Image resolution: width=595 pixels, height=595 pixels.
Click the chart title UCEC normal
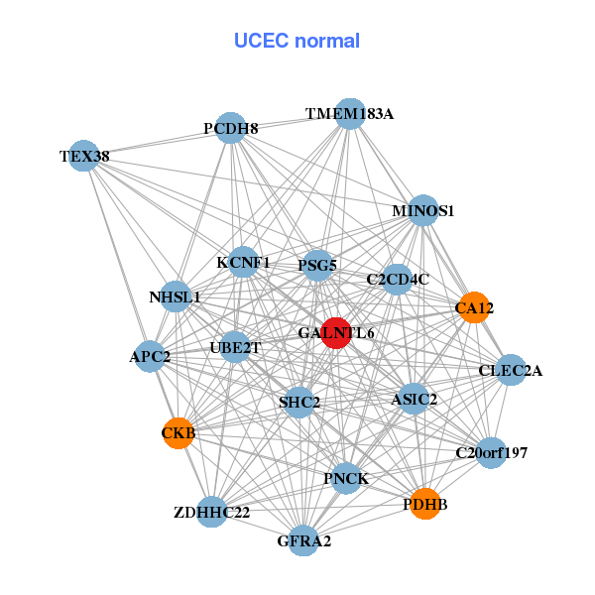coord(297,41)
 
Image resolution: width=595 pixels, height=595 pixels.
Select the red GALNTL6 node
coord(337,333)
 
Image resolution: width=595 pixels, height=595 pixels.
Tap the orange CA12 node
coord(474,308)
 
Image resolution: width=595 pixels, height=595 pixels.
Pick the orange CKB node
coord(178,433)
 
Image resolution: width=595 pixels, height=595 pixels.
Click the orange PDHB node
coord(425,504)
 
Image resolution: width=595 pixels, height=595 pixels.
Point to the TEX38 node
coord(84,156)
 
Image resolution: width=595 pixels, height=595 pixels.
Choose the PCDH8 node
coord(231,128)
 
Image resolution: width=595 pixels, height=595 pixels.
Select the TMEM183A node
coord(349,114)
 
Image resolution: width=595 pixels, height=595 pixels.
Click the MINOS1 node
coord(423,210)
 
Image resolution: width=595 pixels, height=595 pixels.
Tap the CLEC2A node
coord(511,371)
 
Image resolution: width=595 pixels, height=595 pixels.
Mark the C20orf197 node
coord(491,453)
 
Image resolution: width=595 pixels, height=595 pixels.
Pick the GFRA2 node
coord(303,540)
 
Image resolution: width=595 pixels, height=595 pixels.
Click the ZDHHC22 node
coord(211,513)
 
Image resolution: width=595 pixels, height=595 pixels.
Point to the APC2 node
coord(150,355)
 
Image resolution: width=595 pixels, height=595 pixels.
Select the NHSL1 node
coord(176,297)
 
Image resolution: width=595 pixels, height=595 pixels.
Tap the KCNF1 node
coord(244,263)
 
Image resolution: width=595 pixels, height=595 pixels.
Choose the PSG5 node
coord(317,265)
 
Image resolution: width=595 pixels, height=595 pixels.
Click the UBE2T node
coord(235,347)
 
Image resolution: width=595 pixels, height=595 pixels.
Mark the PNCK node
coord(346,479)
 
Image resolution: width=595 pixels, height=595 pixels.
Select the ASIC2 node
coord(415,400)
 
